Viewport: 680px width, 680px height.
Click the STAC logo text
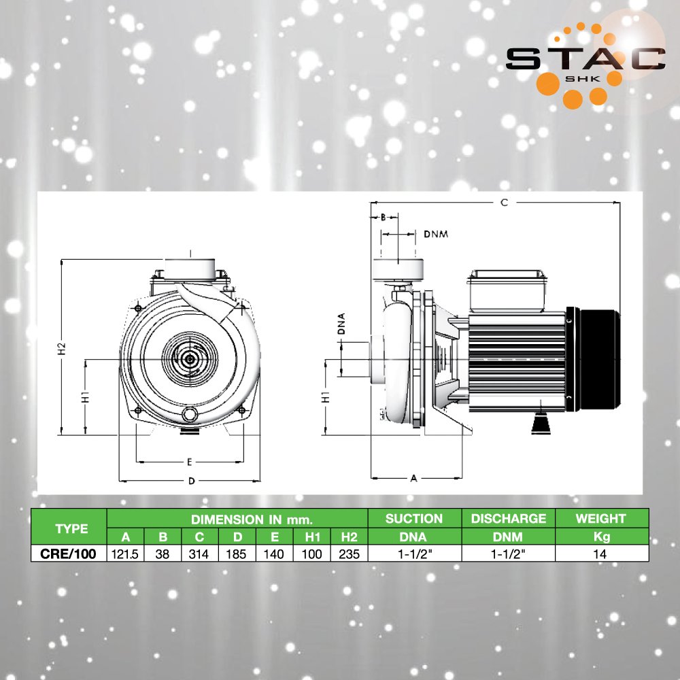(585, 58)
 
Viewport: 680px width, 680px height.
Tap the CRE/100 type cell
(68, 554)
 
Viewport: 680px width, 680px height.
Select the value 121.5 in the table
(125, 554)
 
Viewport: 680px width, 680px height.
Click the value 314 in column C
(199, 554)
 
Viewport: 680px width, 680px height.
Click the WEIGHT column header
(601, 518)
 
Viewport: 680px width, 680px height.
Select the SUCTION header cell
(414, 518)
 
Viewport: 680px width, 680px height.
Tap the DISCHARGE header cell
(508, 518)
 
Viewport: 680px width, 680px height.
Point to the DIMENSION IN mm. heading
(252, 519)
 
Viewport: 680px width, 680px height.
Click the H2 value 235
(349, 554)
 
